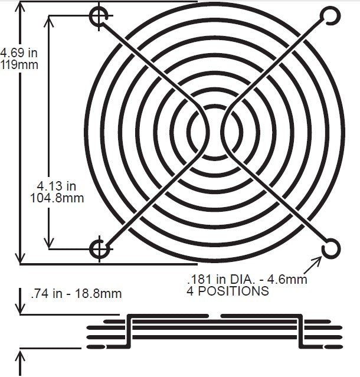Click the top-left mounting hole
(99, 17)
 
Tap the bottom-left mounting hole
(99, 250)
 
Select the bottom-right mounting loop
(330, 248)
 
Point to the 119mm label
(19, 64)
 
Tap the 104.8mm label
(57, 199)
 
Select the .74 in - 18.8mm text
(76, 293)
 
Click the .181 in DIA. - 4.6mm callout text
(247, 280)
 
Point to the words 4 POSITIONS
(227, 291)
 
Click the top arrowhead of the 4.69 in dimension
(22, 6)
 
